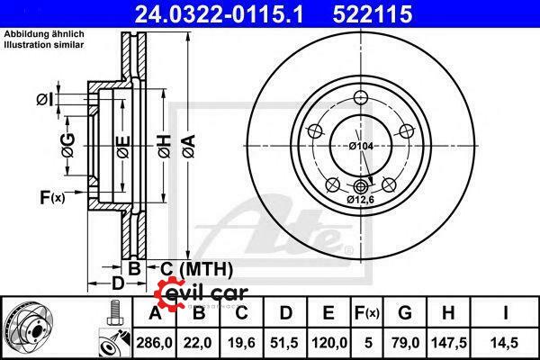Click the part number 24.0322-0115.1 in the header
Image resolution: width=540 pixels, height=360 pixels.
tap(219, 14)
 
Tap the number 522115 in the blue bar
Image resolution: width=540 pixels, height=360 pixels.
tap(373, 14)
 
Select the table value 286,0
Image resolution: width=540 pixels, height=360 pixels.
tap(154, 343)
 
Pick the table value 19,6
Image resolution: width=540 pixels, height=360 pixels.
tap(241, 343)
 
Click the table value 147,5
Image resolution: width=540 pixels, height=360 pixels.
tap(449, 343)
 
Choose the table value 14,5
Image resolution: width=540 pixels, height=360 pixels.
tap(505, 343)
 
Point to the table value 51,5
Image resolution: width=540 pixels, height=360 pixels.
tap(284, 343)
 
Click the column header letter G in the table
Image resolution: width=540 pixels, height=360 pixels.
tap(405, 313)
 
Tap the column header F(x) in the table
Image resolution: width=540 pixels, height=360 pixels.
tap(367, 313)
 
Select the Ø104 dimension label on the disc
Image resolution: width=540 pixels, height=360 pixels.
tap(361, 146)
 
